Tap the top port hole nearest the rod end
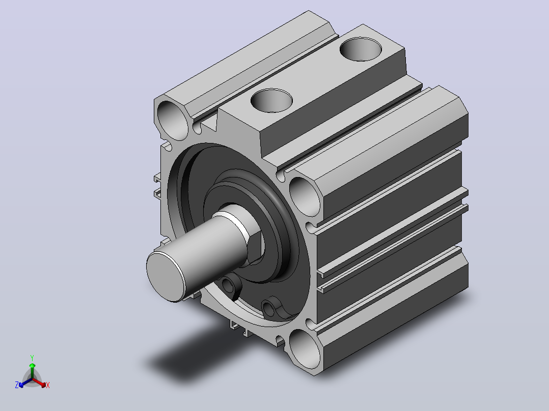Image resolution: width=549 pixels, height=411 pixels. (272, 101)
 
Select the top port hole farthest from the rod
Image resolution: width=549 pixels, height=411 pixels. (361, 49)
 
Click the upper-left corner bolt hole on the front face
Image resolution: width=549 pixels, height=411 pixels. (173, 121)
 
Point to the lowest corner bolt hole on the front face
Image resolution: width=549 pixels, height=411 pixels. (304, 349)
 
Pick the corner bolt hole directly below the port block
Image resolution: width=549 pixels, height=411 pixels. (305, 196)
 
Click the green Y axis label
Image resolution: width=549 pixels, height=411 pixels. (32, 358)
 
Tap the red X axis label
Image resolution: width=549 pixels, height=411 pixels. (48, 385)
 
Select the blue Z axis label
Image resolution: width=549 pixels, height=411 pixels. (16, 385)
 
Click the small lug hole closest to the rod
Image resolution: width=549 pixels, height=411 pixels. (229, 285)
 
